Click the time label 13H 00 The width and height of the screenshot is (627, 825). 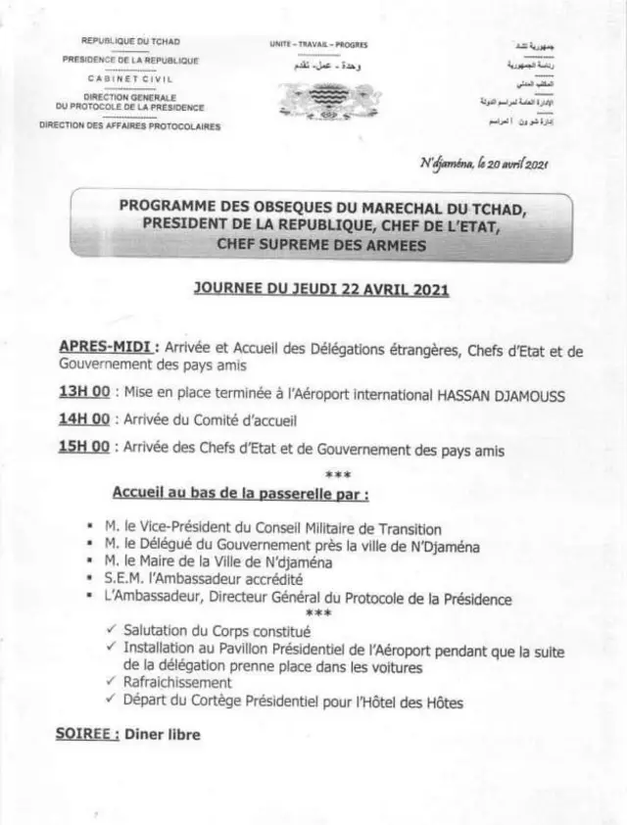[x=84, y=394]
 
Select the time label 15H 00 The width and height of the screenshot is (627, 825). [x=84, y=449]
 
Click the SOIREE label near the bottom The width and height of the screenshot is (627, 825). [x=87, y=734]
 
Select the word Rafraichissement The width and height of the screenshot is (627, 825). [x=177, y=682]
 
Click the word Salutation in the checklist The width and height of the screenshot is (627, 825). [x=158, y=632]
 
